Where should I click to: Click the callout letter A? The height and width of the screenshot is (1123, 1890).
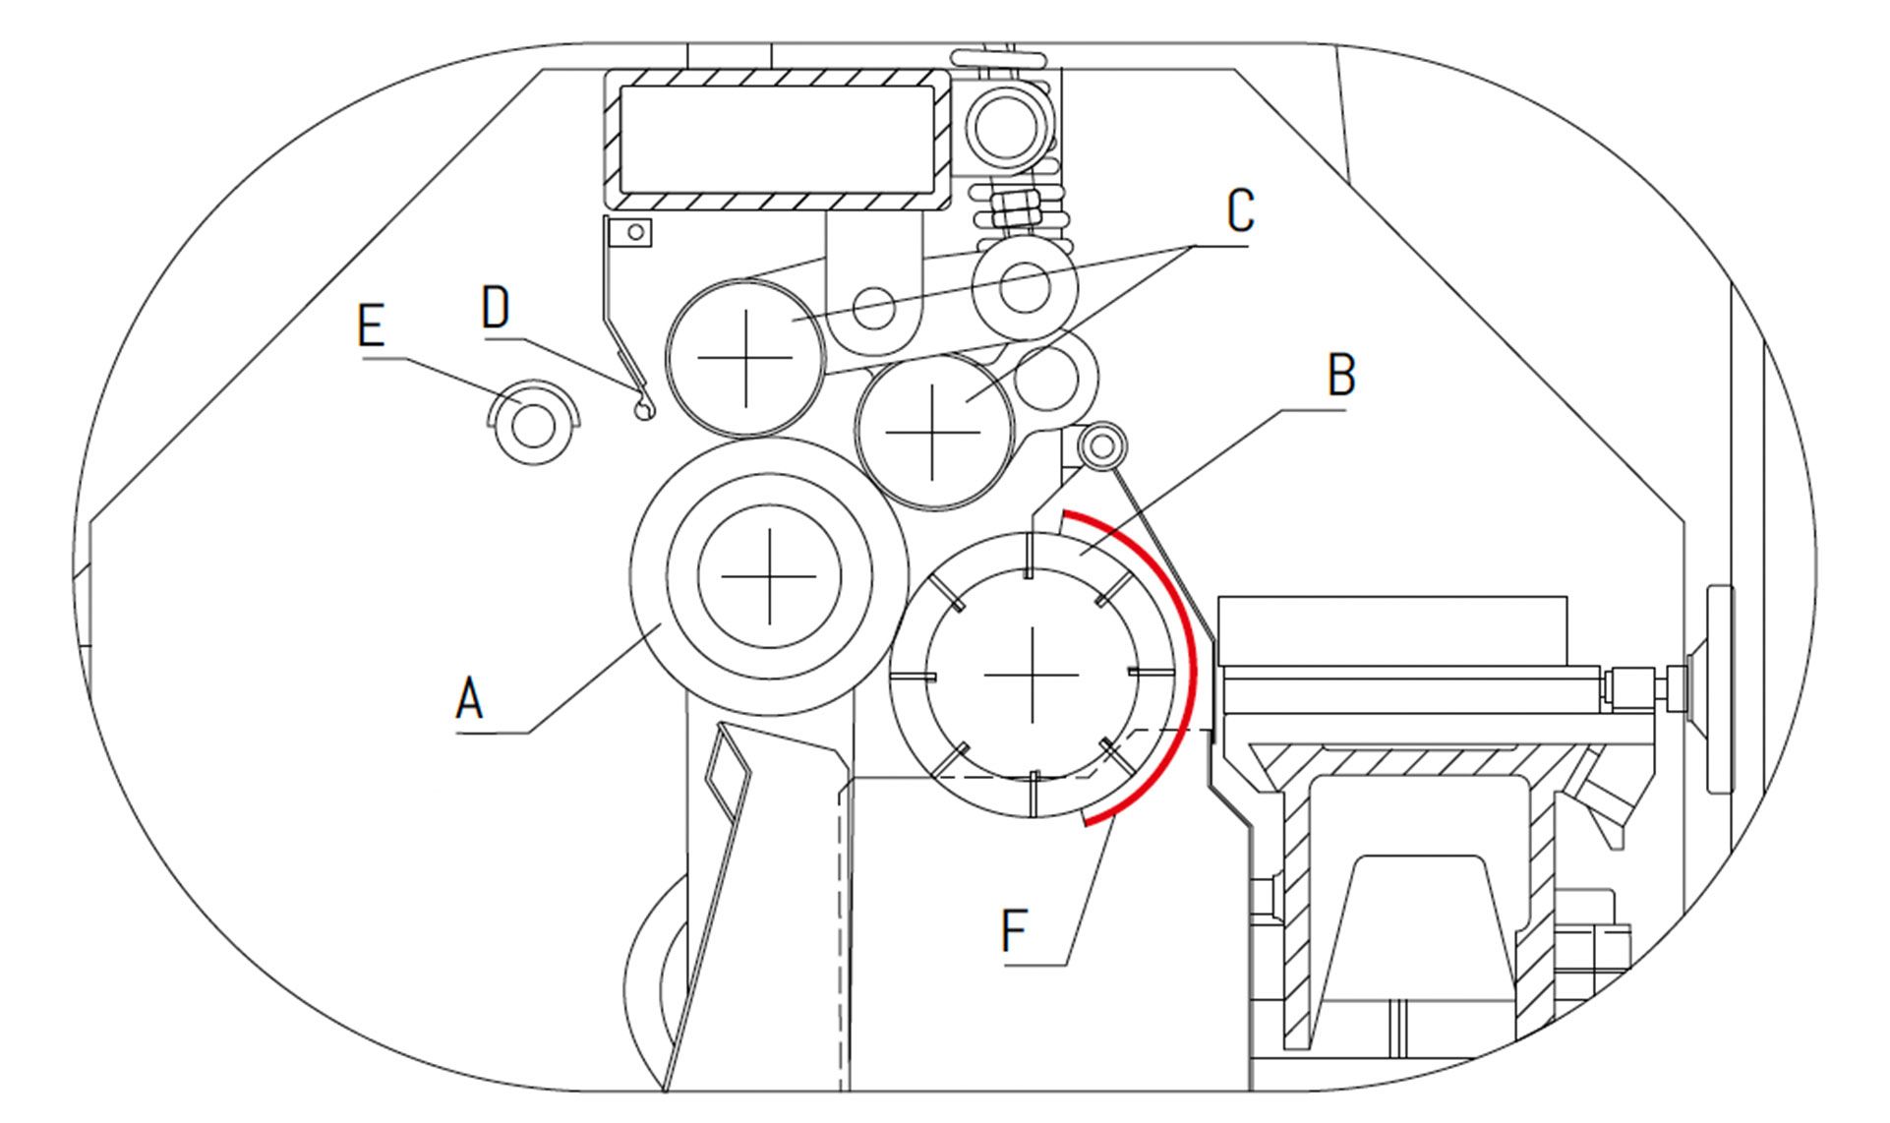(469, 699)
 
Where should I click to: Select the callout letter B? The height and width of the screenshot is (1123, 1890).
(1341, 376)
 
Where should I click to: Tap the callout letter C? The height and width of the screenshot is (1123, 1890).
(1241, 210)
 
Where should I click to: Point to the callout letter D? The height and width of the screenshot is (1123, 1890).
(496, 308)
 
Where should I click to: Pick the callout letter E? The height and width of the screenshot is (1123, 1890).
(371, 325)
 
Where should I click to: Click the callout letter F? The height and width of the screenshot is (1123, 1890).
(1014, 930)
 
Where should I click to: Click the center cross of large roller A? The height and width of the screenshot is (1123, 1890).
(769, 577)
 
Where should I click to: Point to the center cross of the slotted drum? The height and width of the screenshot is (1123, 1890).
(1032, 675)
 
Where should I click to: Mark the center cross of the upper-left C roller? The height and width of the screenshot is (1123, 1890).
(745, 357)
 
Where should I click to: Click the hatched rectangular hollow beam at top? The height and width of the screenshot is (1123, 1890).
(777, 139)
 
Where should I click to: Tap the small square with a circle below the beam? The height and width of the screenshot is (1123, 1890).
(630, 233)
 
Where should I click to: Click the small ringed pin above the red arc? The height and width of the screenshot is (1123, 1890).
(1102, 447)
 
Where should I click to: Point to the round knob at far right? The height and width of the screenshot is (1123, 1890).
(1719, 688)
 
